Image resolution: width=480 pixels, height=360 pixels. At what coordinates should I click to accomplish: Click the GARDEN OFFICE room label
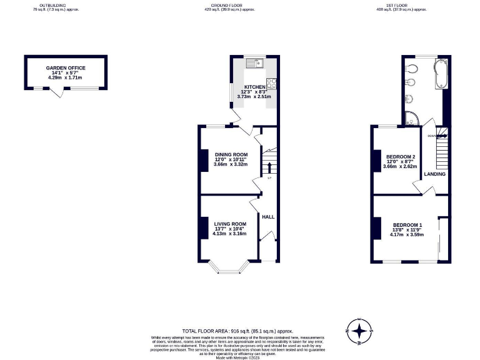point(66,68)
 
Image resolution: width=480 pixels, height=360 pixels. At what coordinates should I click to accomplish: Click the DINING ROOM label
point(231,154)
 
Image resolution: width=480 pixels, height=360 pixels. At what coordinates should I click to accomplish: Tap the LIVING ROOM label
point(230,224)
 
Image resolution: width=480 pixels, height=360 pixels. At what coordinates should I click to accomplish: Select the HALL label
point(268,217)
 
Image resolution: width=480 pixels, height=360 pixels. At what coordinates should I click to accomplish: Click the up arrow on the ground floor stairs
point(269,166)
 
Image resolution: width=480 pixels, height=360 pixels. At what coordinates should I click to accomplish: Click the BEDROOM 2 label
point(401,157)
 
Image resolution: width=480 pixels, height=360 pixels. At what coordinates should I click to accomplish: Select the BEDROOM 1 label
point(407,225)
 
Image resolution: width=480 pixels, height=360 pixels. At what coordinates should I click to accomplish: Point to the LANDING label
point(435,174)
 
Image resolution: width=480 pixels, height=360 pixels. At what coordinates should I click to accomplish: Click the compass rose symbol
point(359,331)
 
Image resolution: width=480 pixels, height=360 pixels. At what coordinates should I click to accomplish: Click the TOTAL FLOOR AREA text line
point(237,331)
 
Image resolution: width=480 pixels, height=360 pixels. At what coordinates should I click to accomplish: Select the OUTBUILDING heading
point(52,5)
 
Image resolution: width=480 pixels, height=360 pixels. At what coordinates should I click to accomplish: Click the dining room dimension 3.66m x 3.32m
point(231,164)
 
